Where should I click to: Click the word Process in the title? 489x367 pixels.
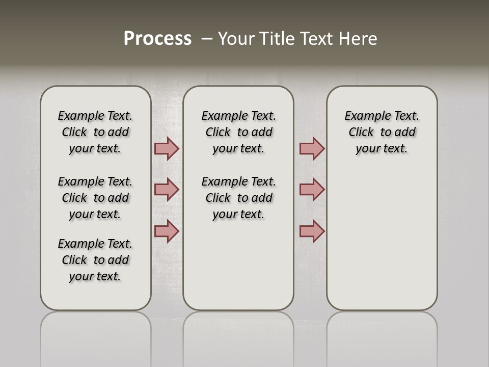[157, 39]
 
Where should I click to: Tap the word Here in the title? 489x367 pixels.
[357, 39]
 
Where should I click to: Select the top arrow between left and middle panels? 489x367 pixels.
[167, 148]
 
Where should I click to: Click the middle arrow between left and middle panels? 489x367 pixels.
[167, 190]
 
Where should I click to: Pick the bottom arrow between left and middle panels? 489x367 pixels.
[167, 231]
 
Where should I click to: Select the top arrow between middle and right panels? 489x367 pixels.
[312, 148]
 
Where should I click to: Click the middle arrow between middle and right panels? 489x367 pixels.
[312, 190]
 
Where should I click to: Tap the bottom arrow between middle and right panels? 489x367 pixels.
[312, 231]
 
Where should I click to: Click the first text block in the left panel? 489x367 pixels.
[95, 132]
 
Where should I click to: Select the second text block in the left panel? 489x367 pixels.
[95, 198]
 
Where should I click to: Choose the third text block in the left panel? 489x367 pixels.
[95, 260]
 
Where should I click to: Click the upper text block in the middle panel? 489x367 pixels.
[238, 132]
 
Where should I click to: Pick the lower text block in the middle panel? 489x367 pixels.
[238, 198]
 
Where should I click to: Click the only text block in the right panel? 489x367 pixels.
[382, 132]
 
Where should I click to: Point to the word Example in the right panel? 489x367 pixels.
[364, 116]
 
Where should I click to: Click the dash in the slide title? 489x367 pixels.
[206, 39]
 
